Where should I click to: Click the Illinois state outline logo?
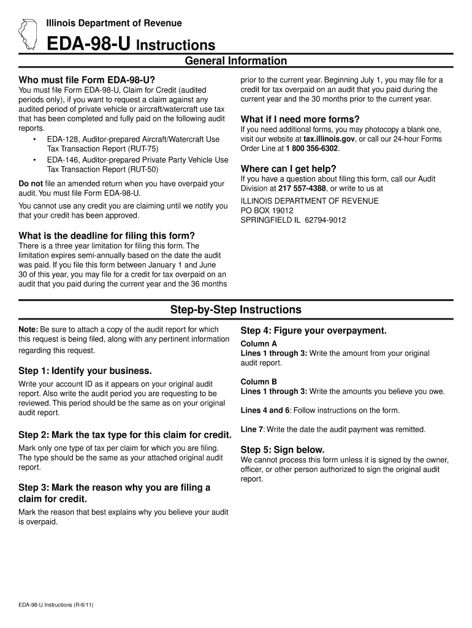[x=28, y=34]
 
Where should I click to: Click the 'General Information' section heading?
[x=236, y=61]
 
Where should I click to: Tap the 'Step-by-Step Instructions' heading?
[x=236, y=309]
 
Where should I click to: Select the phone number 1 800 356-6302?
[x=312, y=148]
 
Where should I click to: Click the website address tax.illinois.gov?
[x=329, y=139]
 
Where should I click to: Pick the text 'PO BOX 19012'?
[x=267, y=210]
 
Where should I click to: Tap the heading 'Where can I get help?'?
[x=289, y=169]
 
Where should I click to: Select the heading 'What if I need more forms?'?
[x=300, y=119]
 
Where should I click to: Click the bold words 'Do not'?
[x=31, y=183]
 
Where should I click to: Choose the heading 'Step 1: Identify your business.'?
[x=85, y=371]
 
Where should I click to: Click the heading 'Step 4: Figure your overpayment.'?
[x=314, y=331]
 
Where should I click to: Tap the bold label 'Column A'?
[x=259, y=343]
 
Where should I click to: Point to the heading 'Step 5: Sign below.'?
[x=283, y=449]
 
